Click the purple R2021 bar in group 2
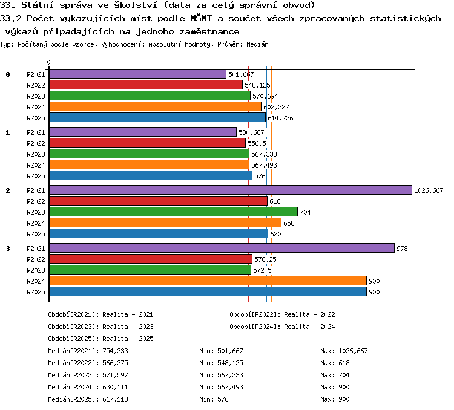point(231,190)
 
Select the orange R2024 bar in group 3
point(208,281)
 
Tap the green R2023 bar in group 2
point(174,212)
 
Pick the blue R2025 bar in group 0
point(157,117)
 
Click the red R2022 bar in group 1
point(147,143)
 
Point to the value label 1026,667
point(429,190)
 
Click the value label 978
point(402,249)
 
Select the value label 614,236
point(280,118)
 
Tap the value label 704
point(305,212)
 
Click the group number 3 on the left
point(8,249)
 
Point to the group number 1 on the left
point(8,132)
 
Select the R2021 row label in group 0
point(36,74)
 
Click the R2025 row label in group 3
point(36,292)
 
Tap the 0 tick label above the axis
point(48,62)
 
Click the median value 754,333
point(115,351)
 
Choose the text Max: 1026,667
point(344,351)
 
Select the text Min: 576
point(214,399)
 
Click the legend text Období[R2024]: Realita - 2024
point(282,327)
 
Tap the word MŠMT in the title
point(201,18)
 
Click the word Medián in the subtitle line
point(257,44)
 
